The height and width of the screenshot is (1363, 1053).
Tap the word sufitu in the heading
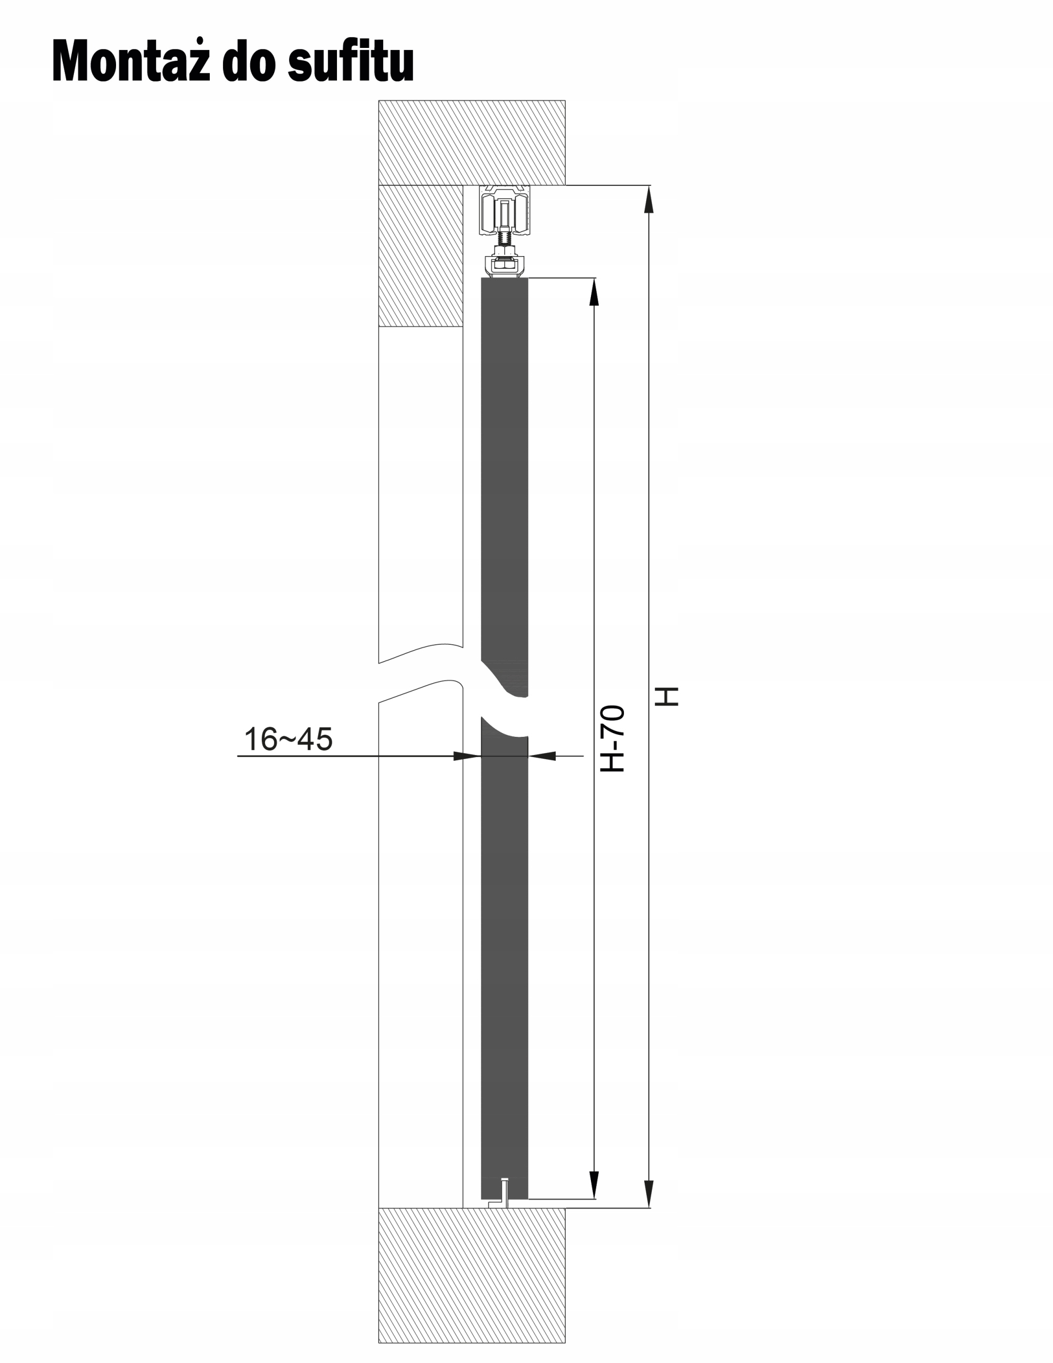coord(351,60)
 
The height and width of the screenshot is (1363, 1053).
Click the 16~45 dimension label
coord(288,739)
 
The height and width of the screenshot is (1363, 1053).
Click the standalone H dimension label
coord(667,696)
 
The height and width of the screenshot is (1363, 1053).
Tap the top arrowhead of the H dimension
coord(649,200)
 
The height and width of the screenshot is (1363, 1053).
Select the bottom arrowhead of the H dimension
coord(649,1194)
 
